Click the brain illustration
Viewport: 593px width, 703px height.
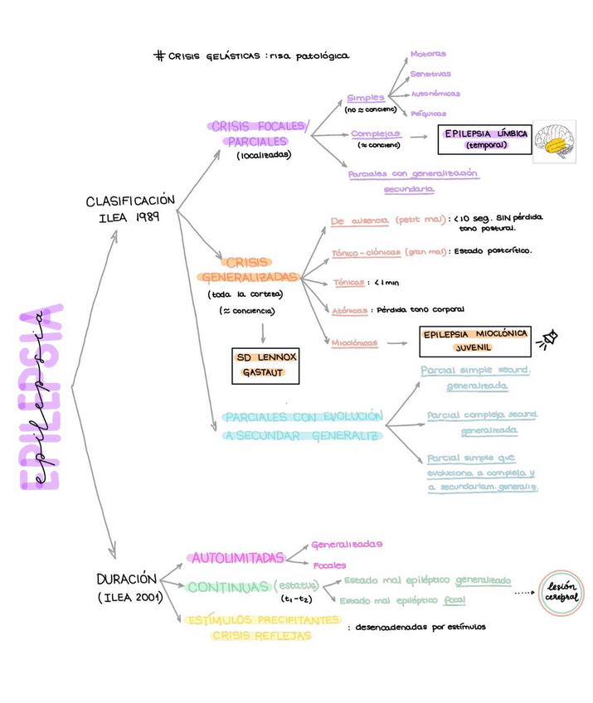(555, 140)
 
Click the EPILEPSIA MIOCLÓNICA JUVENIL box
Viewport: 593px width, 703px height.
(474, 340)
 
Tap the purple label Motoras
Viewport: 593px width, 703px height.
(428, 54)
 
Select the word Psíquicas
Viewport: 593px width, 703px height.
(428, 114)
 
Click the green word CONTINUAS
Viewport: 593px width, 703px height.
(228, 587)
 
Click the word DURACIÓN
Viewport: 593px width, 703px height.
(126, 579)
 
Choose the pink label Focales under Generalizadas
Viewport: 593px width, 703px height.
(329, 565)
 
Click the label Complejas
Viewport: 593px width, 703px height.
(375, 133)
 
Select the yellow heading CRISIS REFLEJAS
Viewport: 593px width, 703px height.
(261, 636)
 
